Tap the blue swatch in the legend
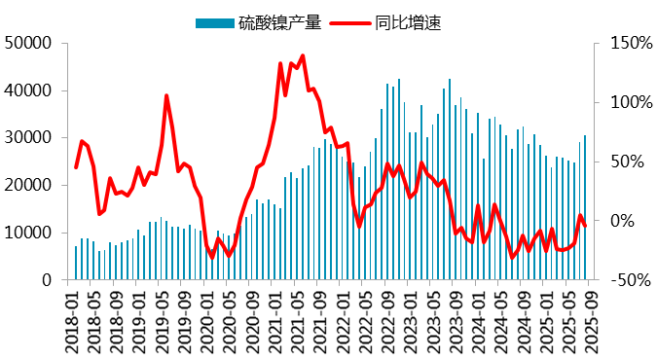coord(214,21)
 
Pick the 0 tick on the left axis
coord(46,280)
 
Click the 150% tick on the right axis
coord(623,43)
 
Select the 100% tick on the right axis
coord(623,102)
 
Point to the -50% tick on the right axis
coord(623,280)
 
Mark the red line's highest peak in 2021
coord(303,55)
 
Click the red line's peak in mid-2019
coord(166,95)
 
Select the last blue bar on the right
coord(585,208)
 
